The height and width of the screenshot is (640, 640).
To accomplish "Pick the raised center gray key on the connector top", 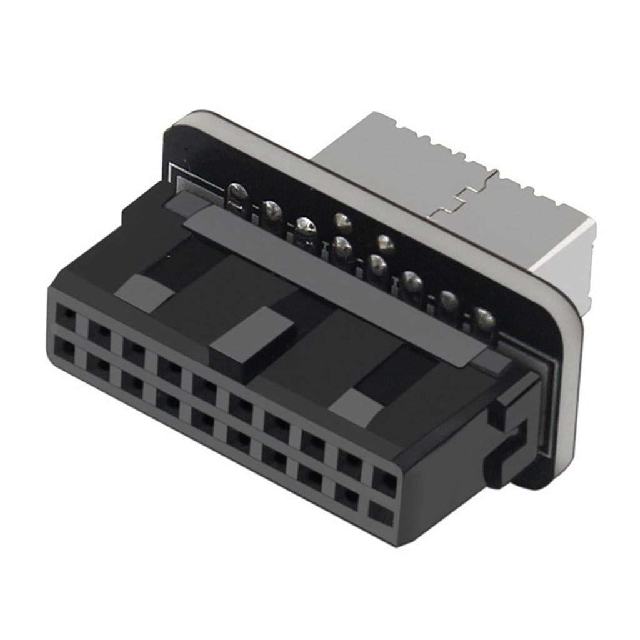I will tap(252, 338).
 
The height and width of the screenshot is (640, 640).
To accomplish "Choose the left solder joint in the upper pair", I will tap(342, 220).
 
